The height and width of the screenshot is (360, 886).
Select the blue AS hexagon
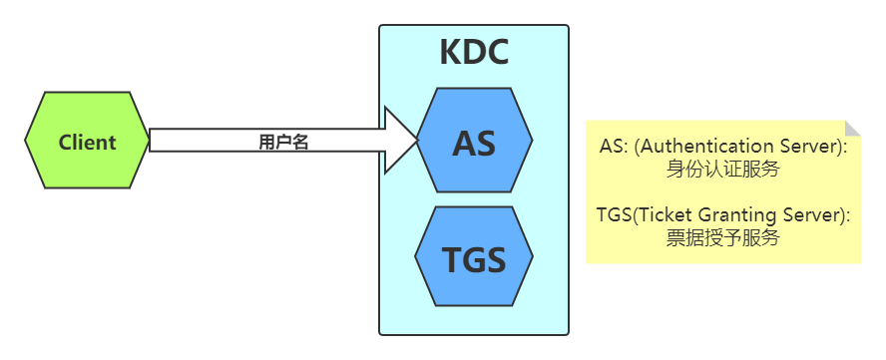[x=474, y=142]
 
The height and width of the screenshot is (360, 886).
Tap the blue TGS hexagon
[x=474, y=259]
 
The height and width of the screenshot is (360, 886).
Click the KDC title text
[x=474, y=52]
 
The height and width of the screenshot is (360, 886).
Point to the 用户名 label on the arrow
[x=283, y=142]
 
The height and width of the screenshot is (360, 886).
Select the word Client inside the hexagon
[x=87, y=142]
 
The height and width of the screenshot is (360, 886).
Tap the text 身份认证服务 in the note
[x=722, y=169]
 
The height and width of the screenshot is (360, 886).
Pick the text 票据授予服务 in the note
[x=722, y=237]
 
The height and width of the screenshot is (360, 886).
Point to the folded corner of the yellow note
[x=852, y=129]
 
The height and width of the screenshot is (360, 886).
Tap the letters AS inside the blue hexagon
[x=474, y=143]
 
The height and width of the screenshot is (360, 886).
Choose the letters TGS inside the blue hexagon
[x=474, y=260]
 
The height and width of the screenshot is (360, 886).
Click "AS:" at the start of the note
[x=614, y=147]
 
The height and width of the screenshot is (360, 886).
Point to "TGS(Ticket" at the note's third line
[x=640, y=215]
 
